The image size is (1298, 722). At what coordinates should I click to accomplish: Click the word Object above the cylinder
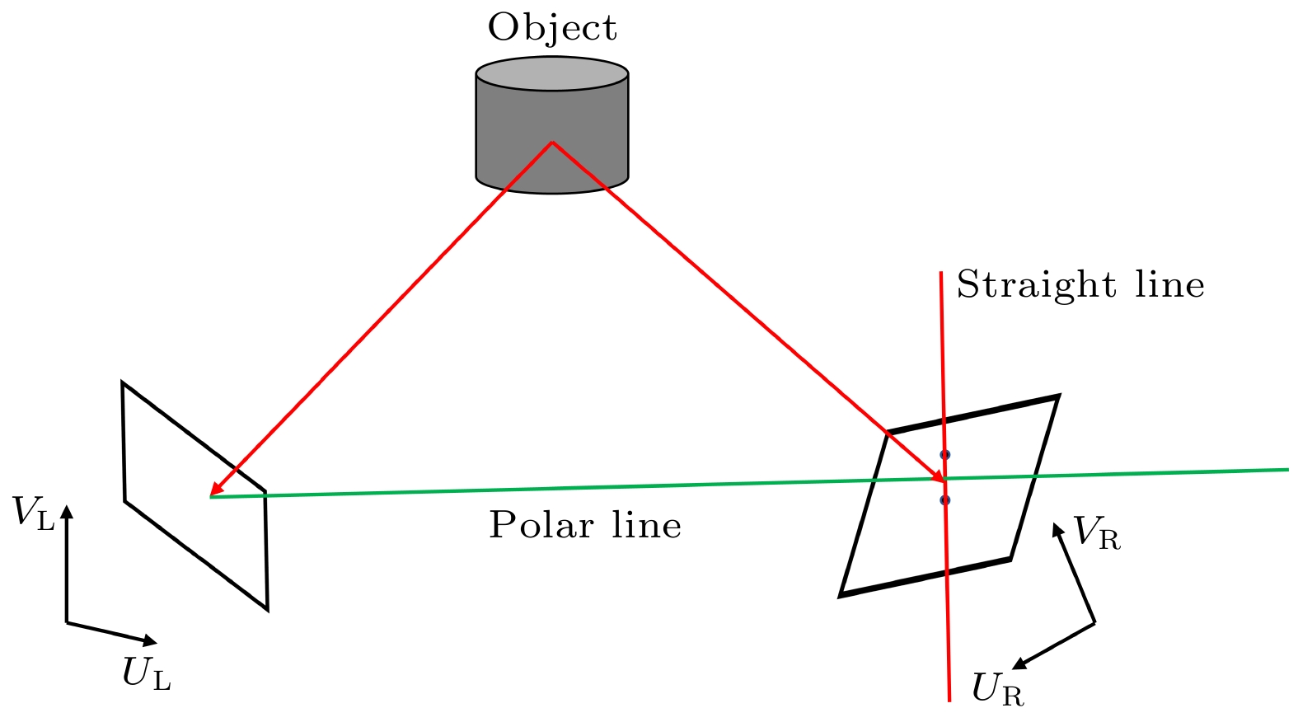point(551,27)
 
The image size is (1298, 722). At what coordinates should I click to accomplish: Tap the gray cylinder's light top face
point(552,73)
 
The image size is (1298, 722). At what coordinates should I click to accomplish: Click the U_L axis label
point(147,674)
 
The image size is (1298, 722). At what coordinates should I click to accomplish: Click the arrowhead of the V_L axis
point(67,510)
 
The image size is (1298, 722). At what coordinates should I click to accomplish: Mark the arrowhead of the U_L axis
point(150,640)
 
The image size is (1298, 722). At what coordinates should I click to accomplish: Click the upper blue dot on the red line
point(945,454)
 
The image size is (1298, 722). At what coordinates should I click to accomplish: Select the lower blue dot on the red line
point(945,500)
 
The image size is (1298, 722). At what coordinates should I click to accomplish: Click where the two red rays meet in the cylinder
point(552,143)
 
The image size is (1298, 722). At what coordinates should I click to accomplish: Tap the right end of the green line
point(1287,470)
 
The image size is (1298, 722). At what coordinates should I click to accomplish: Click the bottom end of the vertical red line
point(950,700)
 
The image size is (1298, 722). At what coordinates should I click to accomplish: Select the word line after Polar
point(646,525)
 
